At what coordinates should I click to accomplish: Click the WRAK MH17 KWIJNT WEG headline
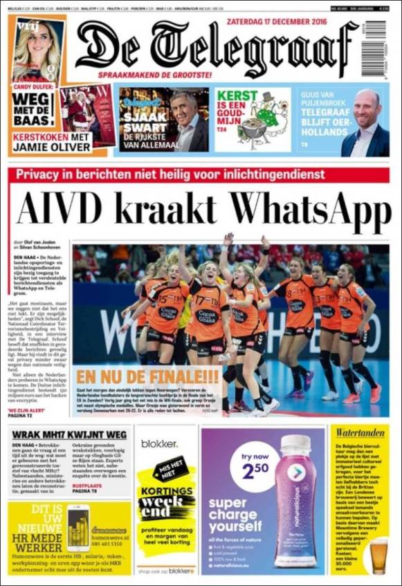(x=69, y=434)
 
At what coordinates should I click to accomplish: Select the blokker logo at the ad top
(x=160, y=443)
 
